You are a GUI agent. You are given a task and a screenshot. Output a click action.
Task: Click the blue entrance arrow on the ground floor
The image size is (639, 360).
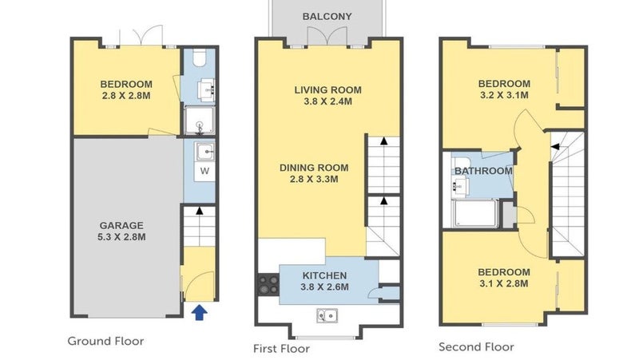point(199,312)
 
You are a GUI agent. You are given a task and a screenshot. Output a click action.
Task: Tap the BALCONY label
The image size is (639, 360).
point(327,17)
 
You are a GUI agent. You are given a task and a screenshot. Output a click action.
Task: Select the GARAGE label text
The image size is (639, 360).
point(121,226)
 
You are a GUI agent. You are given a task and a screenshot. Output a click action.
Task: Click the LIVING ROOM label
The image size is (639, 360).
point(327,90)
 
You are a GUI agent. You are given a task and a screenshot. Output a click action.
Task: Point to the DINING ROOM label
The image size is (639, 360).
point(314,168)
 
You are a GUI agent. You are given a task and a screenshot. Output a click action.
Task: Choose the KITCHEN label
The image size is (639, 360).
point(324,275)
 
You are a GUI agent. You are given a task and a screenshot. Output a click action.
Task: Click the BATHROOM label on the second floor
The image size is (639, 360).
point(483,171)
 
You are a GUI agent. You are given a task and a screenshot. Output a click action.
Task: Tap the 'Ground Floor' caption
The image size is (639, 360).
point(105,341)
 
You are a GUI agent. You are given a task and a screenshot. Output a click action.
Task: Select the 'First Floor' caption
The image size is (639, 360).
point(281,349)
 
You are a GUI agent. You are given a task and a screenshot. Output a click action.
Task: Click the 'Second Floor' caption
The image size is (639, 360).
point(476,347)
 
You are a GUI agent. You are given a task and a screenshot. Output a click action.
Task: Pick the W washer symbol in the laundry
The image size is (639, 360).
point(204,171)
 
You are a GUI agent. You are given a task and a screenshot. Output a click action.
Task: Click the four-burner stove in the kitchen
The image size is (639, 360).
point(268,285)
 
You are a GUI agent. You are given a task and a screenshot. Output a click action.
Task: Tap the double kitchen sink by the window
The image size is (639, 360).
point(327,315)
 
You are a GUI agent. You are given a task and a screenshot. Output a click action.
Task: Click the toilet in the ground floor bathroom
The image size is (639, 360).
point(200,57)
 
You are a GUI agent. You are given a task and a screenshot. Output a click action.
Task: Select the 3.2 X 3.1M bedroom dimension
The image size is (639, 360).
point(504,95)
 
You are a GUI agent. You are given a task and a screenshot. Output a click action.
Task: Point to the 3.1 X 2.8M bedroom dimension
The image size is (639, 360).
point(504,283)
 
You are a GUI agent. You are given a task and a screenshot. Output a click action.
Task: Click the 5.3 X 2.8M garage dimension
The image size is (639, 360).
point(121,237)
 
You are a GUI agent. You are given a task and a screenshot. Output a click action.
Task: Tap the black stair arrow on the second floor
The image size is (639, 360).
point(555,147)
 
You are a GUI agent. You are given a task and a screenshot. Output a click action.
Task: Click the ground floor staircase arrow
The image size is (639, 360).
point(199,211)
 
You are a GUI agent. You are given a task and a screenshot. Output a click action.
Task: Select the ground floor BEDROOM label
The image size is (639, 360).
point(126,85)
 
